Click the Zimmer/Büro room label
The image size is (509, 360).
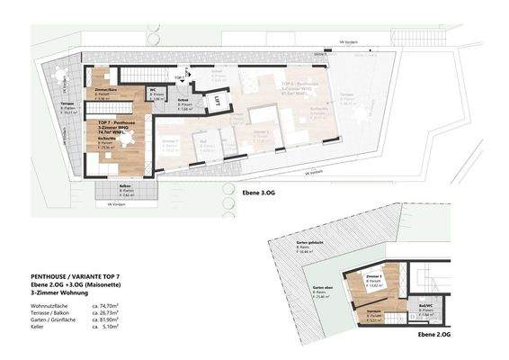pyautogui.click(x=105, y=92)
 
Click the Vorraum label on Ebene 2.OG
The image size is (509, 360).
pyautogui.click(x=374, y=309)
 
